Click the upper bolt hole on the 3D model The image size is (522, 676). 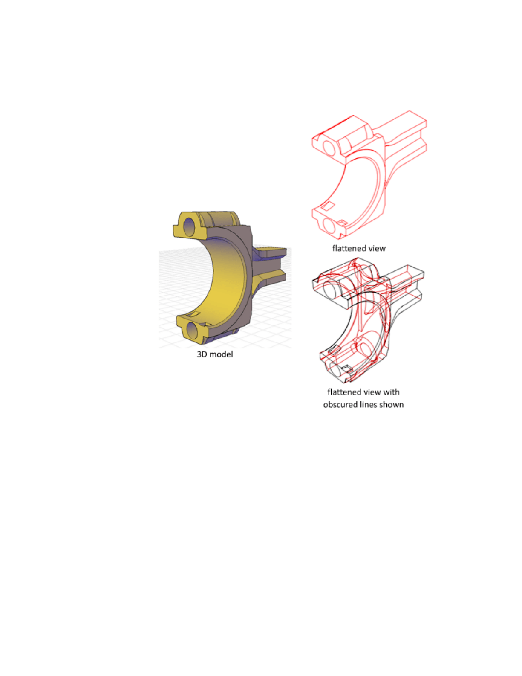189,226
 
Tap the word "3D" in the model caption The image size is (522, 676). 202,354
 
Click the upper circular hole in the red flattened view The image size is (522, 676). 329,148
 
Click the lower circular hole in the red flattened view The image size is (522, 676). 329,226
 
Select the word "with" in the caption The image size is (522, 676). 391,392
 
